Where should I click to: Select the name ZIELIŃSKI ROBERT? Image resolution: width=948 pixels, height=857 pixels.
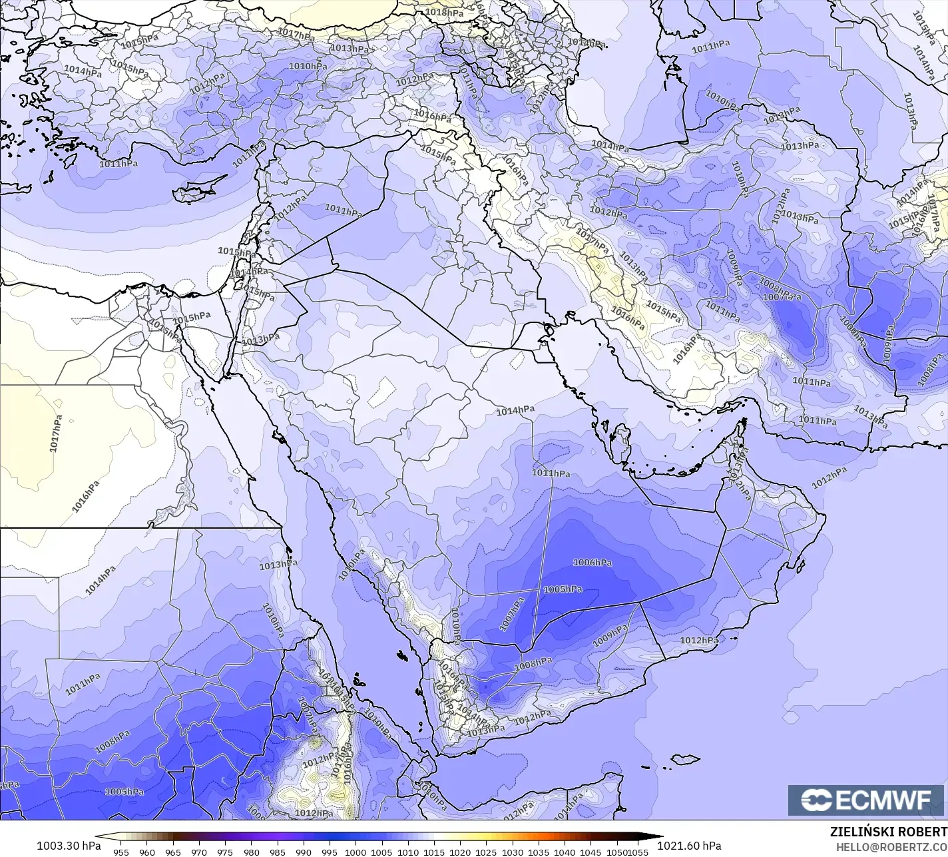tap(888, 832)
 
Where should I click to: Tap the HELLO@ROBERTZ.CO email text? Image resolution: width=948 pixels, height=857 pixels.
tap(891, 846)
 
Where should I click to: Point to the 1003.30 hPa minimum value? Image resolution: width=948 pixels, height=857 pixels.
tap(69, 846)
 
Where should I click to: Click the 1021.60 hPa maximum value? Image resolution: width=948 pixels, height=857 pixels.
tap(689, 846)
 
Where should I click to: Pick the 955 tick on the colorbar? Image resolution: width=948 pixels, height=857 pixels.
tap(121, 852)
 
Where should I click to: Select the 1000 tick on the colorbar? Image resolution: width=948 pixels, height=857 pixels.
tap(355, 852)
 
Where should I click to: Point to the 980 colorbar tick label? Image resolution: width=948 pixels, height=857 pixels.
tap(252, 852)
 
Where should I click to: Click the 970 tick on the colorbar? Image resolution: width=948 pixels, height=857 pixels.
tap(199, 852)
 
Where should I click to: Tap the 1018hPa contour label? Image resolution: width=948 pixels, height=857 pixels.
tap(445, 12)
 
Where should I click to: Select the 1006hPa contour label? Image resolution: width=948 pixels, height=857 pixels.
tap(592, 563)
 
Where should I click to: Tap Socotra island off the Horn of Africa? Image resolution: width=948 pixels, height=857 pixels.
tap(684, 759)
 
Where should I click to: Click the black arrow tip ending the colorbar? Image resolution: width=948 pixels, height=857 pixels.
tap(659, 838)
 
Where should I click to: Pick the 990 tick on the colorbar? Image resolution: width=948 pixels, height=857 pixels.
tap(304, 852)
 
